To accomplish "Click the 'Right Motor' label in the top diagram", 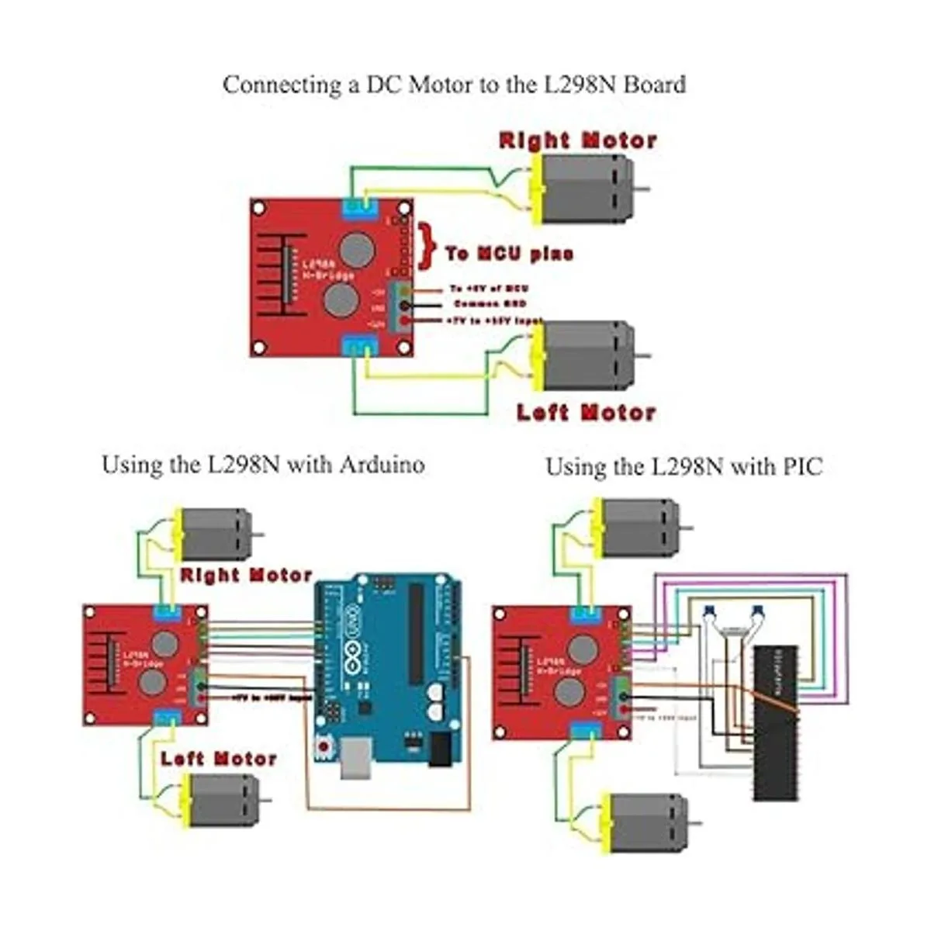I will (x=578, y=140).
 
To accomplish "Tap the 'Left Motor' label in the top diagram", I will (x=587, y=412).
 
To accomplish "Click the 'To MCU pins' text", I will (x=509, y=254).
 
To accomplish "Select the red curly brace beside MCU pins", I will (x=425, y=247).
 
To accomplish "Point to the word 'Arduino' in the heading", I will (x=382, y=465).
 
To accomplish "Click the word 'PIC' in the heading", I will (x=802, y=467).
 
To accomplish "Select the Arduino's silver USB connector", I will (x=357, y=757).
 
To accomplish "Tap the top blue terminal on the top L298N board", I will (x=358, y=206).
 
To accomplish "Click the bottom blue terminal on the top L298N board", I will (x=358, y=344).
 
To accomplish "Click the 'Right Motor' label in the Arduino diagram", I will (x=246, y=576).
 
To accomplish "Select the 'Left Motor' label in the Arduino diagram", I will (x=219, y=759).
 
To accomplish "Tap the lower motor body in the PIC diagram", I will (x=645, y=822).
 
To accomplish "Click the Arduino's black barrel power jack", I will (x=439, y=749).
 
